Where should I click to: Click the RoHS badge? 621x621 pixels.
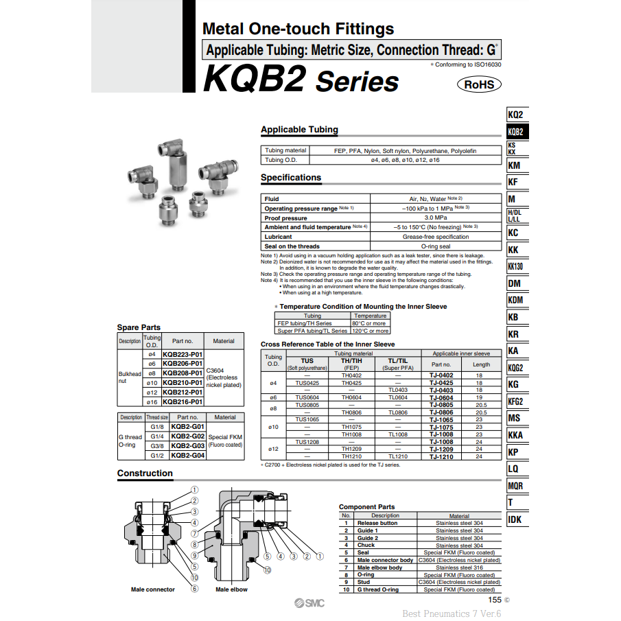(x=479, y=84)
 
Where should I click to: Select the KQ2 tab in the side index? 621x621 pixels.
(x=515, y=115)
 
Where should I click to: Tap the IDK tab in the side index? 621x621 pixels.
(x=515, y=519)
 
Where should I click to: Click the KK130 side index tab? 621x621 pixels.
(x=515, y=266)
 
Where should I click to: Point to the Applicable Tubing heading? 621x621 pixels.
(x=299, y=130)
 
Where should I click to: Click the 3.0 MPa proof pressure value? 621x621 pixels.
(x=436, y=218)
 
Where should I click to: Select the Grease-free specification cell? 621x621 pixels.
(x=436, y=237)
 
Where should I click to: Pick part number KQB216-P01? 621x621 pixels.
(x=183, y=401)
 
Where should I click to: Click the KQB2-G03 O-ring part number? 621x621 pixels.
(x=187, y=445)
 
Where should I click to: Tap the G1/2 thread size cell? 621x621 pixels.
(x=157, y=455)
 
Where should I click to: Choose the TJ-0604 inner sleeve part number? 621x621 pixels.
(x=441, y=397)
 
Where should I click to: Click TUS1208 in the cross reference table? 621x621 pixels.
(x=307, y=442)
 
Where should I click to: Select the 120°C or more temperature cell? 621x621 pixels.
(x=370, y=331)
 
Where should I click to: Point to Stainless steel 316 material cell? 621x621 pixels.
(x=459, y=567)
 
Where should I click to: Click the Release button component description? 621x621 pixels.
(x=377, y=523)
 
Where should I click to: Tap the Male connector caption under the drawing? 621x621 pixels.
(x=153, y=589)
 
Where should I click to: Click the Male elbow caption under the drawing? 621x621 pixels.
(x=231, y=589)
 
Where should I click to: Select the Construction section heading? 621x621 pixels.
(x=145, y=473)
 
